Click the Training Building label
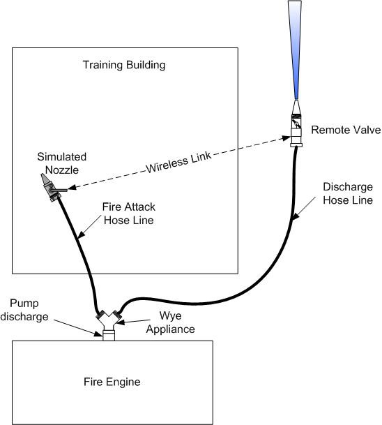click(x=124, y=66)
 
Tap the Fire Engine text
click(x=112, y=382)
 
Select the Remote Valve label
click(x=346, y=130)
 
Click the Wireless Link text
click(x=178, y=162)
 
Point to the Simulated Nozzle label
click(x=62, y=163)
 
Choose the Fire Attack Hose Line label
click(x=128, y=214)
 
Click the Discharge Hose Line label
click(x=348, y=193)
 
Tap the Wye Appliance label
click(x=171, y=322)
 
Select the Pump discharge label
click(x=24, y=310)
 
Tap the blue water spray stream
click(x=296, y=50)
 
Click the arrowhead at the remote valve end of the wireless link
click(x=286, y=138)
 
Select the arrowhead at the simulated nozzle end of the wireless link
click(x=72, y=187)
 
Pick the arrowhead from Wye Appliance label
click(x=121, y=322)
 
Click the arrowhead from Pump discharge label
click(x=98, y=334)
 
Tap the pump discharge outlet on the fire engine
click(x=109, y=335)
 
